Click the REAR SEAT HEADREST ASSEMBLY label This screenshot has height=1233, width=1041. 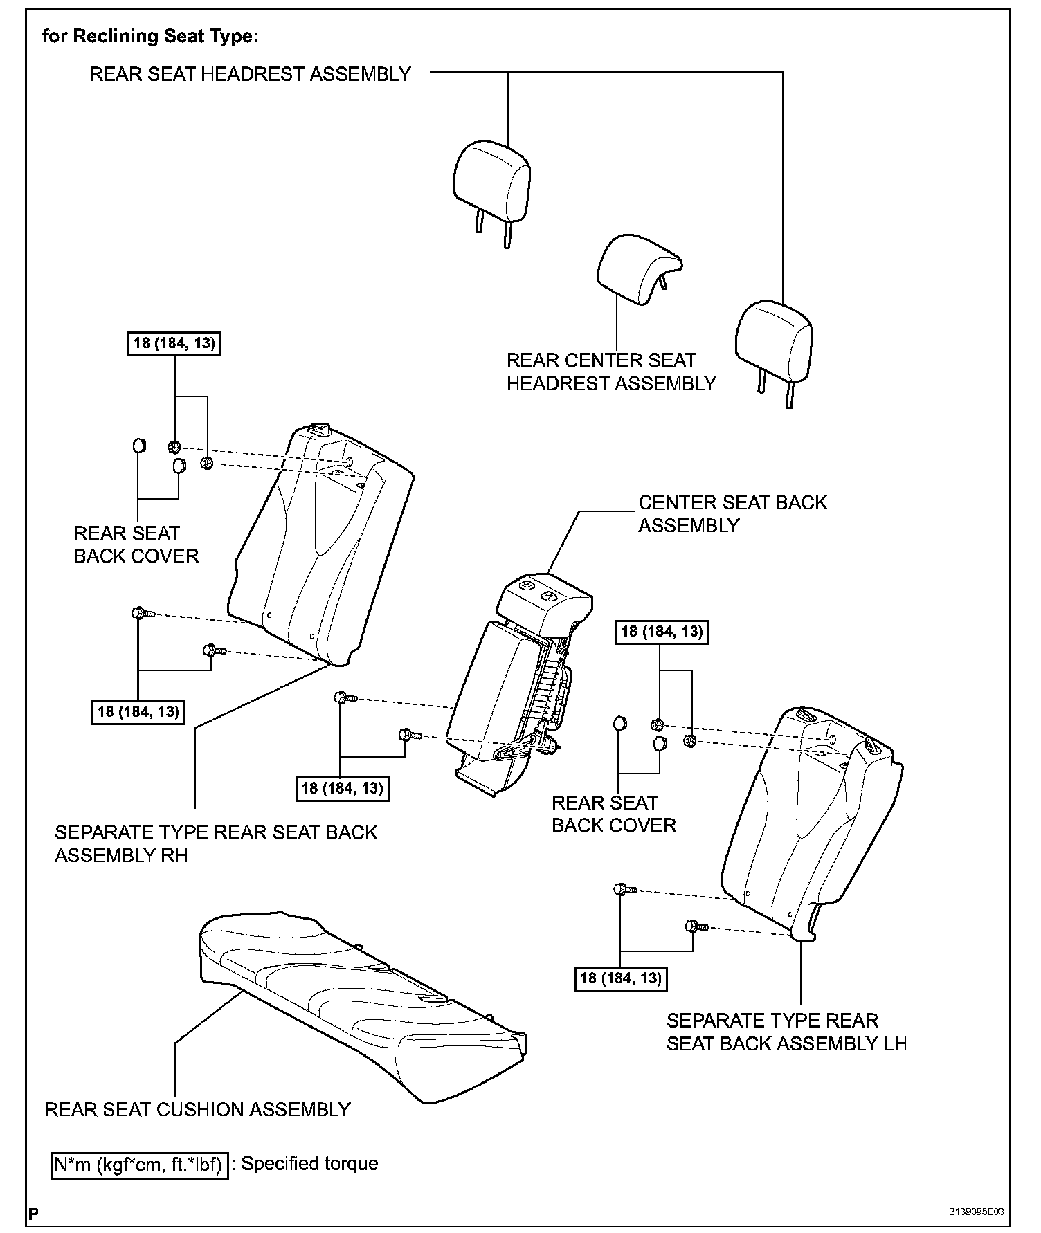(x=250, y=74)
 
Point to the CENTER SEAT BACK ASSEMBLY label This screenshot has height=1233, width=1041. (x=732, y=513)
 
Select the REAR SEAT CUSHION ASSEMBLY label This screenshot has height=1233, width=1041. (x=197, y=1110)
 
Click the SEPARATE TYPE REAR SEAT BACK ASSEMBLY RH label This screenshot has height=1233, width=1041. (x=216, y=843)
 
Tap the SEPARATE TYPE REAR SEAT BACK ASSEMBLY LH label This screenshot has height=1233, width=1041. (x=786, y=1032)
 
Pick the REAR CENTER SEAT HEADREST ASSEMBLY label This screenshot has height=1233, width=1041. (x=610, y=372)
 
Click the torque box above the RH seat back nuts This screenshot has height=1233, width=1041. (x=174, y=343)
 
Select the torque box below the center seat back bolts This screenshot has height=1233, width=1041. (x=342, y=788)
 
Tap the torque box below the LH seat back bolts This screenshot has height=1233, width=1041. (x=621, y=978)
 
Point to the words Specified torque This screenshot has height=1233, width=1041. (x=309, y=1164)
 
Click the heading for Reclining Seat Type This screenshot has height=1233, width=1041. (x=150, y=36)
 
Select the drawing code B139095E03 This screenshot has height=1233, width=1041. (x=976, y=1212)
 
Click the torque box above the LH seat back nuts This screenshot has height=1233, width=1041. (x=662, y=631)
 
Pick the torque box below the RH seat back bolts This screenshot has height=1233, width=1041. (x=138, y=711)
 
